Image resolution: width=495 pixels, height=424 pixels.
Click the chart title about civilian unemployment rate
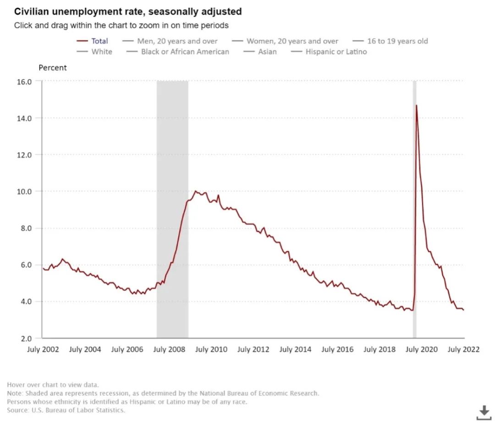tap(128, 11)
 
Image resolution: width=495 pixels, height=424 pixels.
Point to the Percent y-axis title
tap(52, 68)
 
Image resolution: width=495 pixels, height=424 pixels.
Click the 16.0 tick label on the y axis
tap(25, 82)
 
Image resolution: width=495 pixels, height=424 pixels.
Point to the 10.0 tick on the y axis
tap(25, 191)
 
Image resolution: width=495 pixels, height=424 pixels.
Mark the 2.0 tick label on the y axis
tap(25, 338)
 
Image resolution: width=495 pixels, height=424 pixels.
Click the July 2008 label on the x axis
tap(169, 349)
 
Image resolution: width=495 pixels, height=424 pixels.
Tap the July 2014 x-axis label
tap(295, 349)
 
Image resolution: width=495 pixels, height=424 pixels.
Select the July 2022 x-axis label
tap(463, 349)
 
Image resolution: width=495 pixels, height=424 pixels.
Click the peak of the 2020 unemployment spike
tap(416, 106)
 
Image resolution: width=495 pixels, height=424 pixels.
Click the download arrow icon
tap(484, 412)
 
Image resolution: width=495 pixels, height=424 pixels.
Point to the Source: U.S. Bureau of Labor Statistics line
tap(66, 410)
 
